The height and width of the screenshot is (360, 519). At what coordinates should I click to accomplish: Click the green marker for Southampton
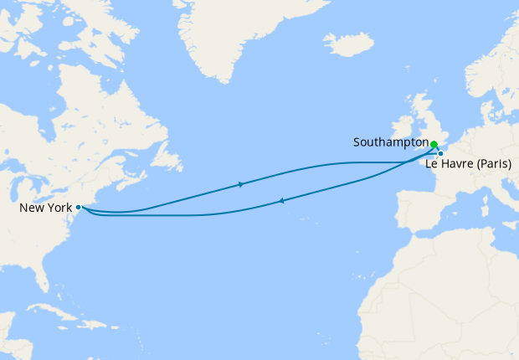coord(434,144)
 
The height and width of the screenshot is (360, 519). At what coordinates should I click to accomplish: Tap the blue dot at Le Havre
coord(440,153)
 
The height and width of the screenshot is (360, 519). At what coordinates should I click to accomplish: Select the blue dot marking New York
coord(78,207)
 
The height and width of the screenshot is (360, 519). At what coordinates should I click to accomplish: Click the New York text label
coord(46,207)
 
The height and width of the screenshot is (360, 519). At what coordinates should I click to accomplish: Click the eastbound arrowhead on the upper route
coord(241,184)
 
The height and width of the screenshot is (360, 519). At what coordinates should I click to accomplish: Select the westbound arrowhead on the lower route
coord(281,200)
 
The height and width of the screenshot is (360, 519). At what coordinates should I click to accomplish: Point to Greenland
coord(226,33)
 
